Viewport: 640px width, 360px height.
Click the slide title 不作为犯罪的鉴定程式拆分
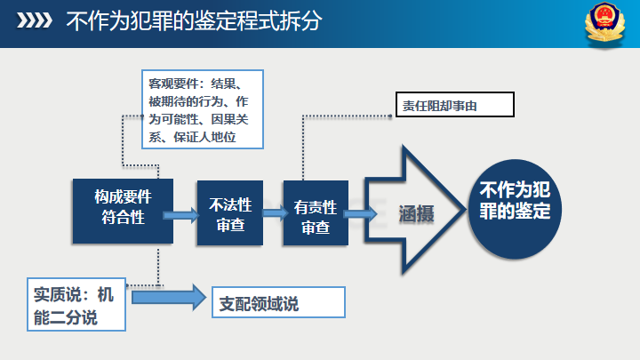pos(194,20)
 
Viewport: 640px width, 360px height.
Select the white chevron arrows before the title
pos(37,20)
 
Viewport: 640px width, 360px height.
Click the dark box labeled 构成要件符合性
pos(122,210)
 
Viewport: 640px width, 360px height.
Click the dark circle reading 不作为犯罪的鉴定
pos(515,204)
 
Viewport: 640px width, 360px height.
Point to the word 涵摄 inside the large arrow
pos(416,213)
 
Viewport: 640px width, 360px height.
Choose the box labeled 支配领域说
pos(277,303)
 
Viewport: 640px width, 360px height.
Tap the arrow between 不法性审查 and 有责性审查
pos(271,213)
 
